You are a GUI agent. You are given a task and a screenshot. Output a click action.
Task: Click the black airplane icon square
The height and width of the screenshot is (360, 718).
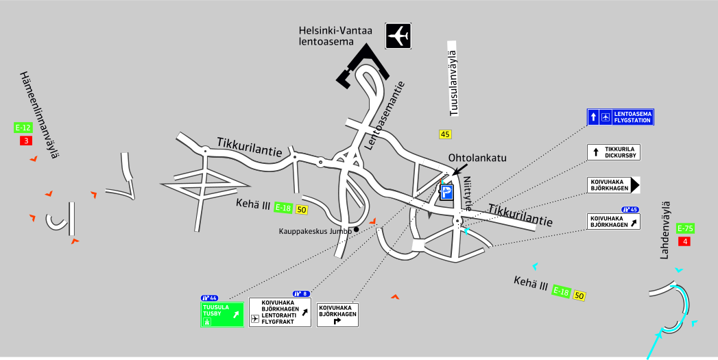pyautogui.click(x=398, y=36)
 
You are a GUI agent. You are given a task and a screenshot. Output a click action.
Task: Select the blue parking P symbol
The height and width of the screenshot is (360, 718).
pyautogui.click(x=447, y=193)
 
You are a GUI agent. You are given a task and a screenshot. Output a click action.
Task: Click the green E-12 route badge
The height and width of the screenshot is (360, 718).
pyautogui.click(x=23, y=128)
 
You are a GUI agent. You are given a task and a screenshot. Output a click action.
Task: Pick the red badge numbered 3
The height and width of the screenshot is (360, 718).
pyautogui.click(x=26, y=141)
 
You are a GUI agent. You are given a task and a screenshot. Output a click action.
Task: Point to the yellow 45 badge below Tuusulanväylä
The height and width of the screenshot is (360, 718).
pyautogui.click(x=446, y=134)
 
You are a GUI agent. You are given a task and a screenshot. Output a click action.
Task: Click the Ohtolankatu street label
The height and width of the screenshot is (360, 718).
pyautogui.click(x=477, y=158)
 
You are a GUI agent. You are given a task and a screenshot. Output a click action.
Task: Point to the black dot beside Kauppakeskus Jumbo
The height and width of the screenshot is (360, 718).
pyautogui.click(x=357, y=229)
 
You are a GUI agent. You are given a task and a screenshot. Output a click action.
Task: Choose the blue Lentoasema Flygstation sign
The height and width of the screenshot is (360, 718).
pyautogui.click(x=620, y=117)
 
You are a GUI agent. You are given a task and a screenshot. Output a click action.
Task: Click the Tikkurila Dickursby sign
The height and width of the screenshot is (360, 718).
pyautogui.click(x=613, y=152)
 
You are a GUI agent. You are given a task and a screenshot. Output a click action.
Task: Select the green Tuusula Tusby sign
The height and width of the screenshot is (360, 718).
pyautogui.click(x=222, y=315)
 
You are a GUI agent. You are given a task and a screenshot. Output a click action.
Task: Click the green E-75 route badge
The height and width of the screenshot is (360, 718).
pyautogui.click(x=685, y=228)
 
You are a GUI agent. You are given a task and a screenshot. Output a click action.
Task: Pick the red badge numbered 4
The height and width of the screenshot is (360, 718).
pyautogui.click(x=684, y=241)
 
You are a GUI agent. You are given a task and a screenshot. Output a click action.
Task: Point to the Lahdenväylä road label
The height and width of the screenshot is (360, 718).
pyautogui.click(x=665, y=230)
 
